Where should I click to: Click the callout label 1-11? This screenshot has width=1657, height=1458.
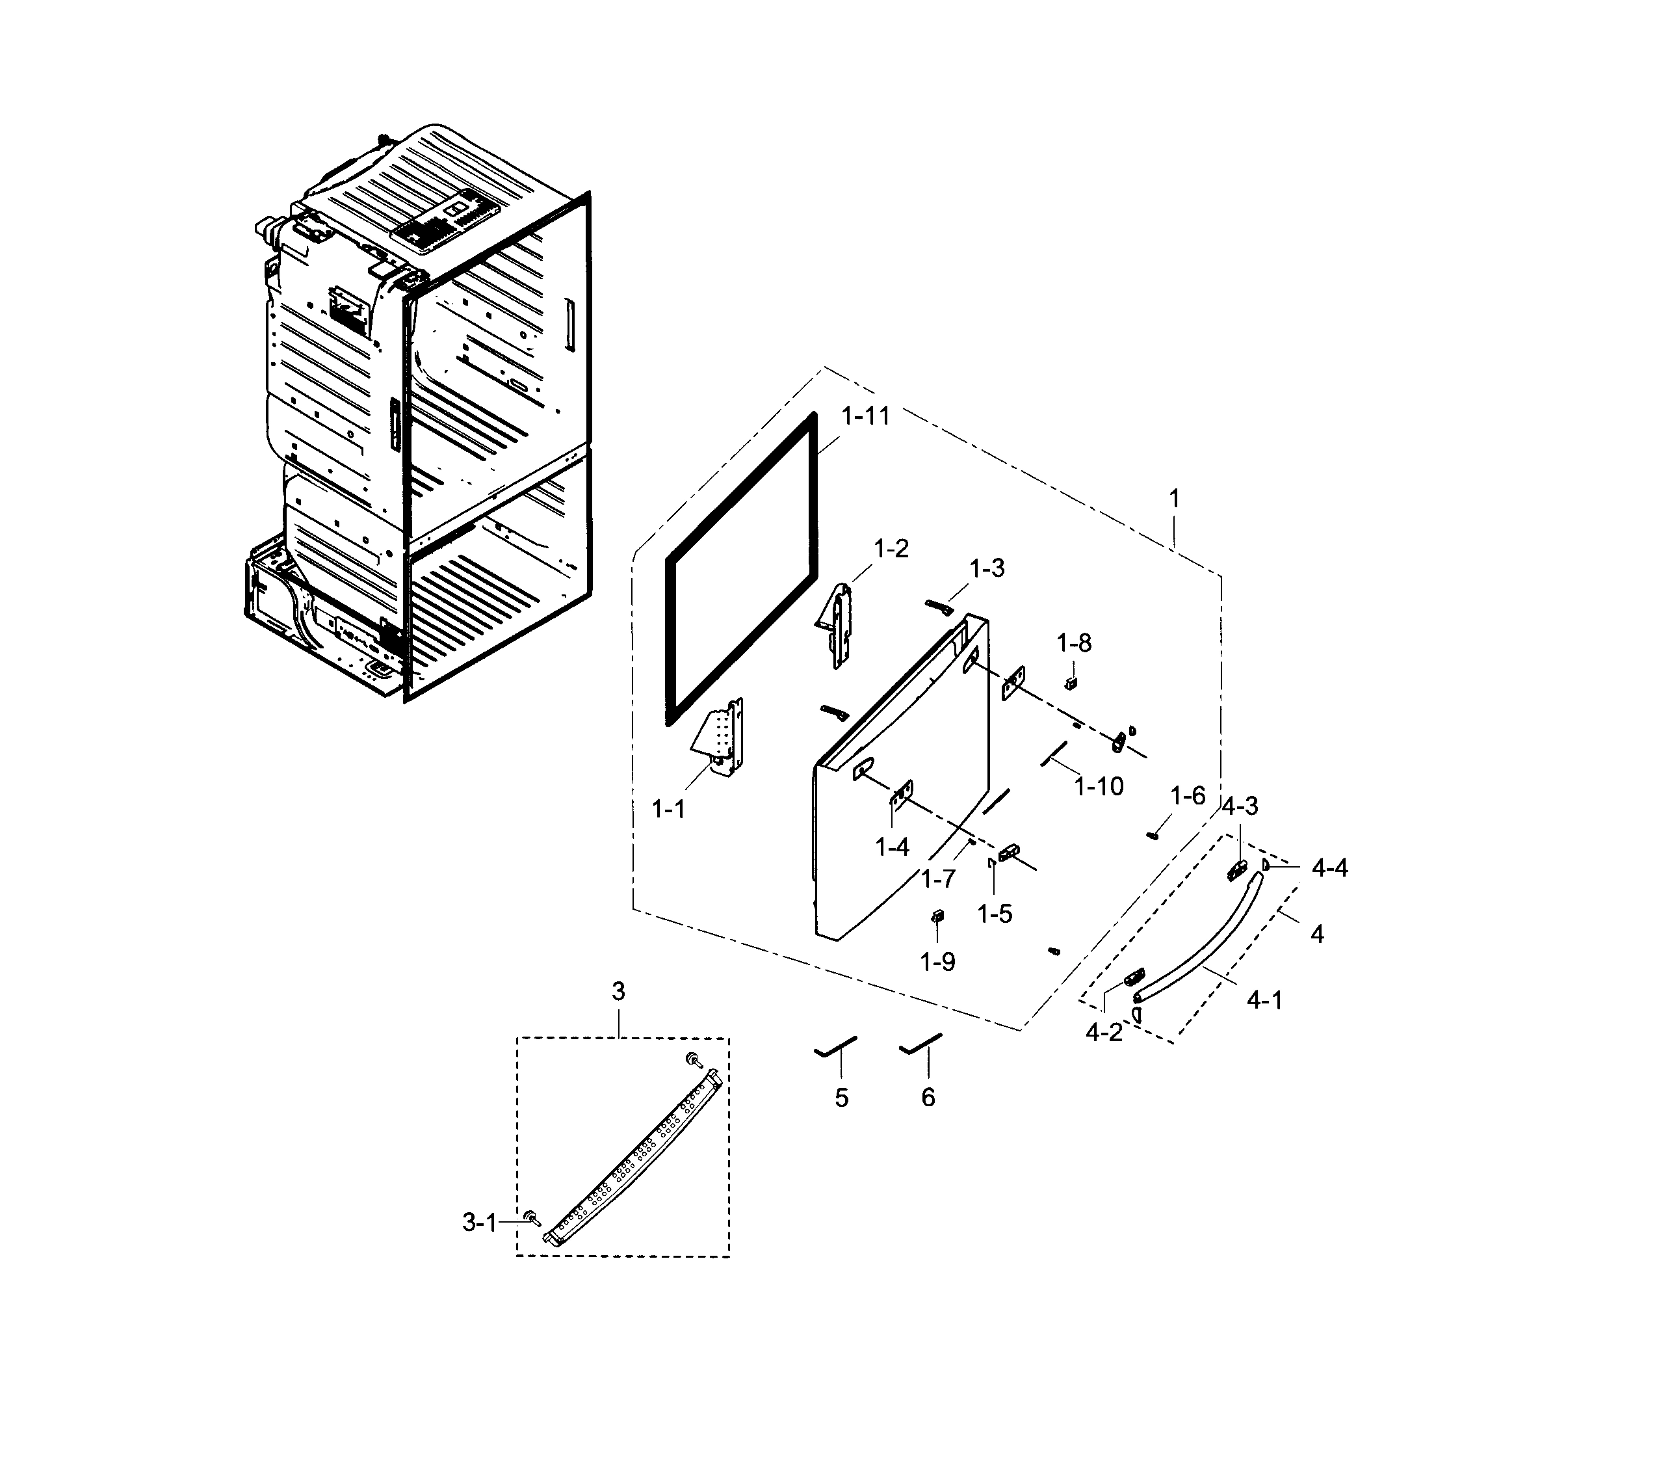[x=865, y=416]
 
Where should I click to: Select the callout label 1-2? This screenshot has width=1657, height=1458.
[x=891, y=549]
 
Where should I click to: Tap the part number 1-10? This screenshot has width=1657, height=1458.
[x=1099, y=785]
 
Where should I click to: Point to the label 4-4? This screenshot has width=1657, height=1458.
[x=1329, y=868]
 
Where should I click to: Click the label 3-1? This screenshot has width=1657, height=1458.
[x=479, y=1223]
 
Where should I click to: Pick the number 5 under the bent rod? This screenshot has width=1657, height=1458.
[x=841, y=1098]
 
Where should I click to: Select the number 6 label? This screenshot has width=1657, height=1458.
[x=928, y=1097]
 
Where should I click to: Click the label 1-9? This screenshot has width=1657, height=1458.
[x=937, y=962]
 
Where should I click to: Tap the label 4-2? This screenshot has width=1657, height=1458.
[x=1104, y=1032]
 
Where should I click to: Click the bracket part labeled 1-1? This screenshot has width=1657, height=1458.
[x=724, y=735]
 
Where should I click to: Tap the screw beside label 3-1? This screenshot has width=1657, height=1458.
[x=532, y=1216]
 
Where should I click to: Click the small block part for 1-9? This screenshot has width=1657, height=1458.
[x=938, y=916]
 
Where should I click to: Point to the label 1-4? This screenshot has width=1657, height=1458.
[x=892, y=847]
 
